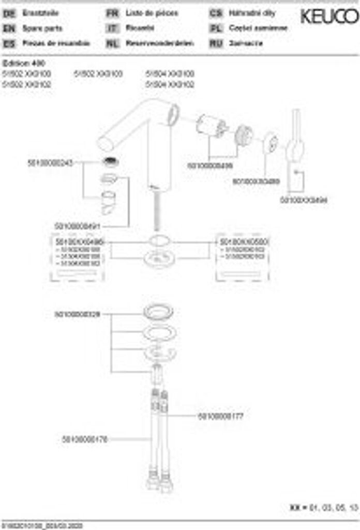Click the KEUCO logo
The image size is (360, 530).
(x=329, y=17)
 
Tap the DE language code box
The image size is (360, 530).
(x=8, y=13)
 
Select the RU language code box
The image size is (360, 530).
(x=216, y=43)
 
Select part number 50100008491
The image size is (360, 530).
(x=77, y=226)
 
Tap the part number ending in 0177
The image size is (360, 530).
(x=220, y=416)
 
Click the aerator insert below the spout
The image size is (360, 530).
(x=110, y=162)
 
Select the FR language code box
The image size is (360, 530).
(x=112, y=13)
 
